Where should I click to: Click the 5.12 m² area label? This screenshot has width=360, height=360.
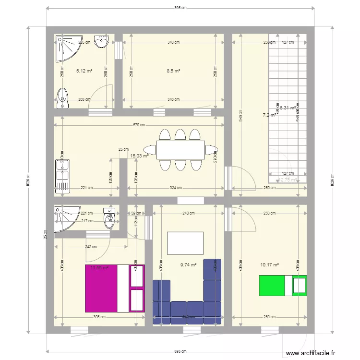tap(84, 71)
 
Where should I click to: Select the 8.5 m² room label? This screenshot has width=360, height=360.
tap(173, 71)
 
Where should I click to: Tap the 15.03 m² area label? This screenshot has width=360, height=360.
tap(139, 156)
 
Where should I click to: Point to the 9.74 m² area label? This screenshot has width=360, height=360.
tap(188, 264)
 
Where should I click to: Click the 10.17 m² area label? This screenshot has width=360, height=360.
tap(269, 264)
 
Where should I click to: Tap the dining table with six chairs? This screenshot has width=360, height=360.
tap(180, 150)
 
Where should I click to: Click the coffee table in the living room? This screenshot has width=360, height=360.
tap(185, 243)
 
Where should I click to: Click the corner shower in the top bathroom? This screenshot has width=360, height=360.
tap(66, 48)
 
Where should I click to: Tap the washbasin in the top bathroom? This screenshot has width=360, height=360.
tap(101, 42)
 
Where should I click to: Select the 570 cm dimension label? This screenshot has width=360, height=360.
tap(139, 125)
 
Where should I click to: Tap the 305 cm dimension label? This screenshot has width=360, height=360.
tap(99, 317)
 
